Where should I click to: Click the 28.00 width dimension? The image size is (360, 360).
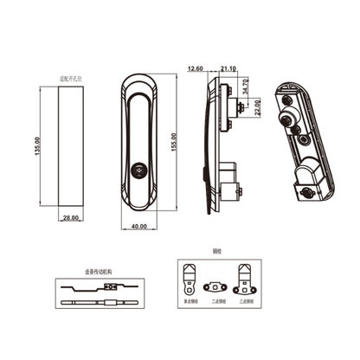(70, 219)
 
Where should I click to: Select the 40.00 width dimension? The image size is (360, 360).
(138, 227)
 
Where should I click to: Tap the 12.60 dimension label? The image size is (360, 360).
(194, 68)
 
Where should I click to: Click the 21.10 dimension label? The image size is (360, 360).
(228, 68)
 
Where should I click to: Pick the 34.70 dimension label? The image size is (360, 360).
(246, 87)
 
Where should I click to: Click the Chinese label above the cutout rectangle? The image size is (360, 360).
(70, 77)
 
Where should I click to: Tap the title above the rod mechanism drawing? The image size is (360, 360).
(98, 270)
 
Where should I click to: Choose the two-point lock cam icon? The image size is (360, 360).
(214, 286)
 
